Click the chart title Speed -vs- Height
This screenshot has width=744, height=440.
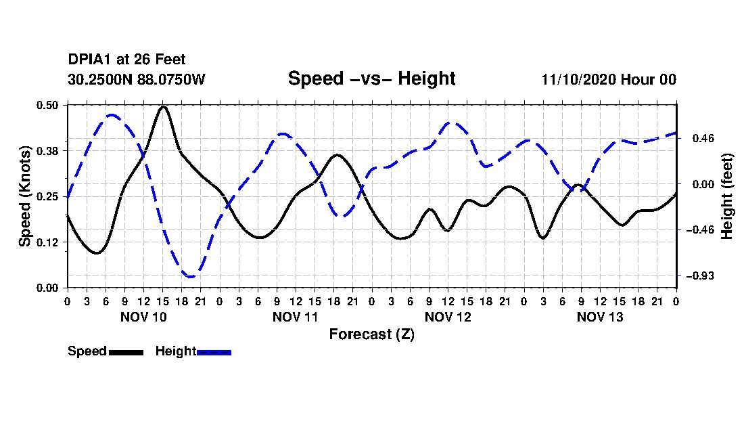371,79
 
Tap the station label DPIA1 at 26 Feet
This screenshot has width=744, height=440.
126,60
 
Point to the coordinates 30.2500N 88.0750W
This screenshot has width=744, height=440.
136,79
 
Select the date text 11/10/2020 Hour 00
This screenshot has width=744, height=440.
609,79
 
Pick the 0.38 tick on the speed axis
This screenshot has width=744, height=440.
49,150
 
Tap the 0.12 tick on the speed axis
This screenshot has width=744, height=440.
49,242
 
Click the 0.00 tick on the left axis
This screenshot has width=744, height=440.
49,288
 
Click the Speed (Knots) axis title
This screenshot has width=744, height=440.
26,196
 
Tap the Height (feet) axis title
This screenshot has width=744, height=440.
728,196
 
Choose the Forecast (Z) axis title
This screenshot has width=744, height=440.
371,334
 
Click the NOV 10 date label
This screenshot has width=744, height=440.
143,317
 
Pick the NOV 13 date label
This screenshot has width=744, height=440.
600,317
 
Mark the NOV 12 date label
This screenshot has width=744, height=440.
448,317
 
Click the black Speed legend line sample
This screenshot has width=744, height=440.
126,352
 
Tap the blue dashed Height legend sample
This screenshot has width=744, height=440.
214,352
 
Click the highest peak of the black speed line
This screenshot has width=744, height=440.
163,107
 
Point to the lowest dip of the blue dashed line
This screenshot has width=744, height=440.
191,276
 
